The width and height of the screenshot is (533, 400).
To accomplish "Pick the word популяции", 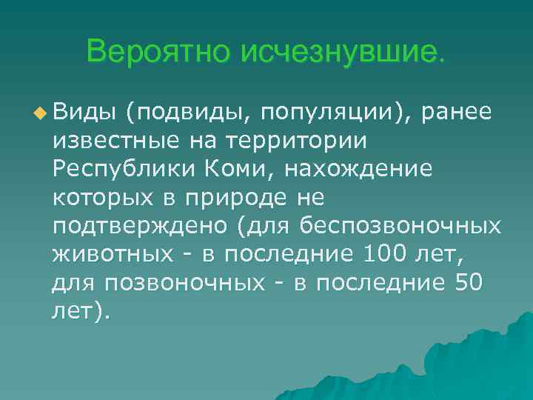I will pyautogui.click(x=331, y=113).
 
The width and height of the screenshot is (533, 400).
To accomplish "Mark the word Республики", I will pyautogui.click(x=121, y=170).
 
